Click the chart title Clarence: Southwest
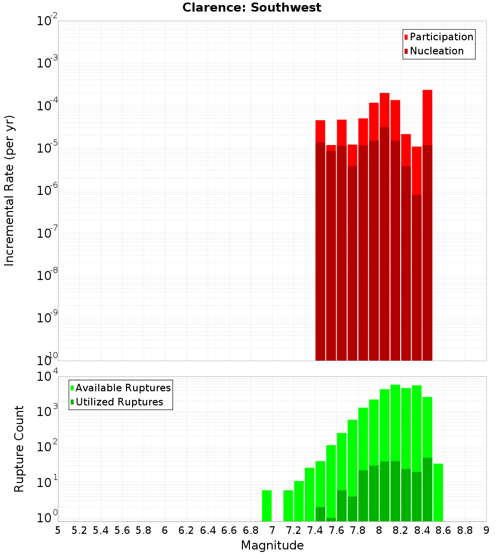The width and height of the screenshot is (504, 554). pos(251,8)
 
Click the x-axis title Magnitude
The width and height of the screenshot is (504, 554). pos(272,545)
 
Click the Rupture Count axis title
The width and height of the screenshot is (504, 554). pos(19,449)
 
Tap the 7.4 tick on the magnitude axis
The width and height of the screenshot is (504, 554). pos(315,530)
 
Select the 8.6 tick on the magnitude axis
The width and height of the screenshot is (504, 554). pos(444,530)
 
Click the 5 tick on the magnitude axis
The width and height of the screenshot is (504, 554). pos(58,530)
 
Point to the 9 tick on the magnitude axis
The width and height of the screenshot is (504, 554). pos(486,530)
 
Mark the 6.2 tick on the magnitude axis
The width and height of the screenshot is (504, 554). pos(186,530)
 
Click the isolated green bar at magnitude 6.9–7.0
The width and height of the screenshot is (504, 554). pos(267,506)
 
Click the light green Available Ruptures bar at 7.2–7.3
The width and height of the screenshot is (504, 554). pos(299,501)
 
